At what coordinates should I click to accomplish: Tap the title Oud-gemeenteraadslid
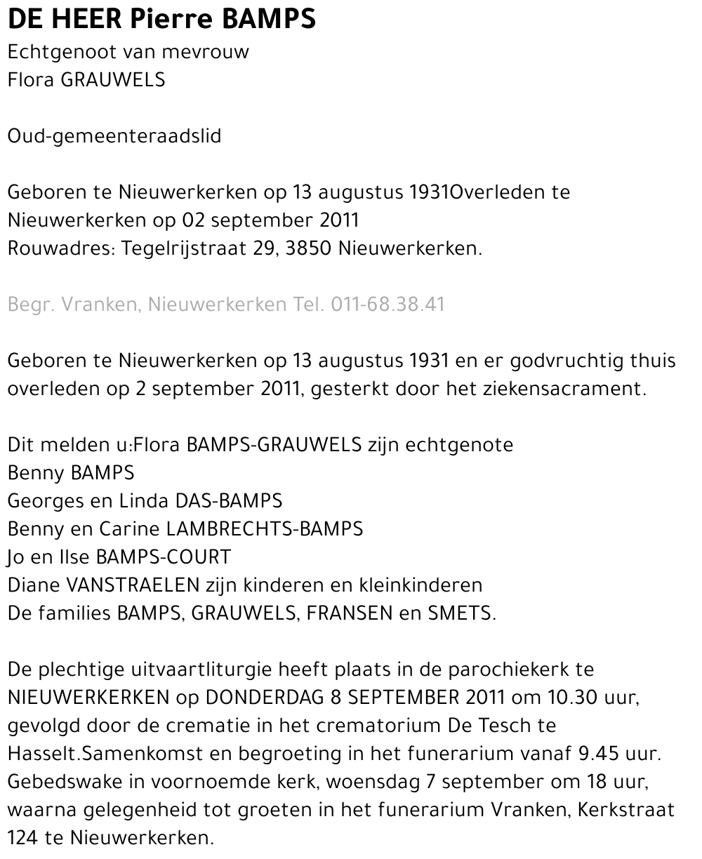[114, 136]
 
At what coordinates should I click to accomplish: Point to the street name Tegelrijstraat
[184, 248]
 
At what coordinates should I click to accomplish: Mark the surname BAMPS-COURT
[163, 557]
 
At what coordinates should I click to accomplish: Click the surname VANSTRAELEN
[129, 585]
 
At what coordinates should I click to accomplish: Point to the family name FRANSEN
[350, 613]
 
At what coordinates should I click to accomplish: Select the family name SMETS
[461, 613]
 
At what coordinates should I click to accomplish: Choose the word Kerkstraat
[626, 810]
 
